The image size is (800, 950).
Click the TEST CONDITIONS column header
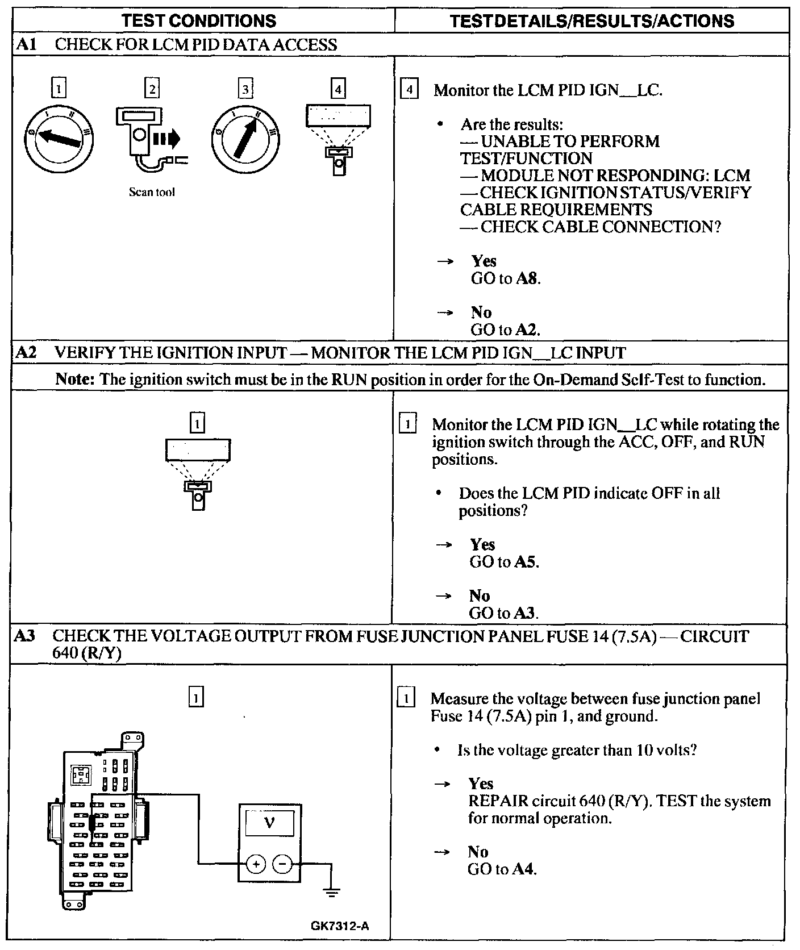point(199,21)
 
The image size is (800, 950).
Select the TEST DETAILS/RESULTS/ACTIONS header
point(591,21)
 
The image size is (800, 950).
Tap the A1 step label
point(26,44)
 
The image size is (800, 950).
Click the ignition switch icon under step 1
point(59,138)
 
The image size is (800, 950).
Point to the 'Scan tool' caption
point(152,192)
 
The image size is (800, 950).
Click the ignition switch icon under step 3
point(245,138)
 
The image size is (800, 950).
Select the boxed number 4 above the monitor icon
point(338,89)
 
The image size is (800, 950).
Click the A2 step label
point(26,353)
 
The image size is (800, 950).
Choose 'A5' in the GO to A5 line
point(525,562)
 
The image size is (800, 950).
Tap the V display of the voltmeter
point(269,822)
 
